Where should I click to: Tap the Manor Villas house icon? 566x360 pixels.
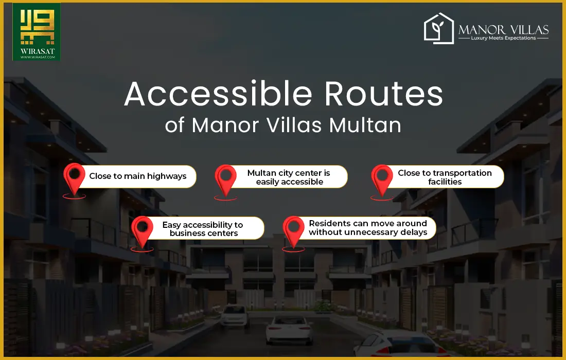pos(439,29)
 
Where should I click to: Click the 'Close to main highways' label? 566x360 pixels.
pos(137,176)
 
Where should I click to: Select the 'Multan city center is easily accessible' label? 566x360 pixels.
pos(288,177)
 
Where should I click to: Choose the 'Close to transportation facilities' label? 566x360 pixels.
pos(445,177)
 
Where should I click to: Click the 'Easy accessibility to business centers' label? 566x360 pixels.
pos(203,229)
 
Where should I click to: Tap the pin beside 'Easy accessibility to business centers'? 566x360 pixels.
pos(142,230)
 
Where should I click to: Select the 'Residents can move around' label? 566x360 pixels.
pos(367,228)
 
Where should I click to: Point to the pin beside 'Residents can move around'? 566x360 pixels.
pos(293,230)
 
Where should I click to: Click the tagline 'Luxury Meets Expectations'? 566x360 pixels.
pos(503,38)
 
